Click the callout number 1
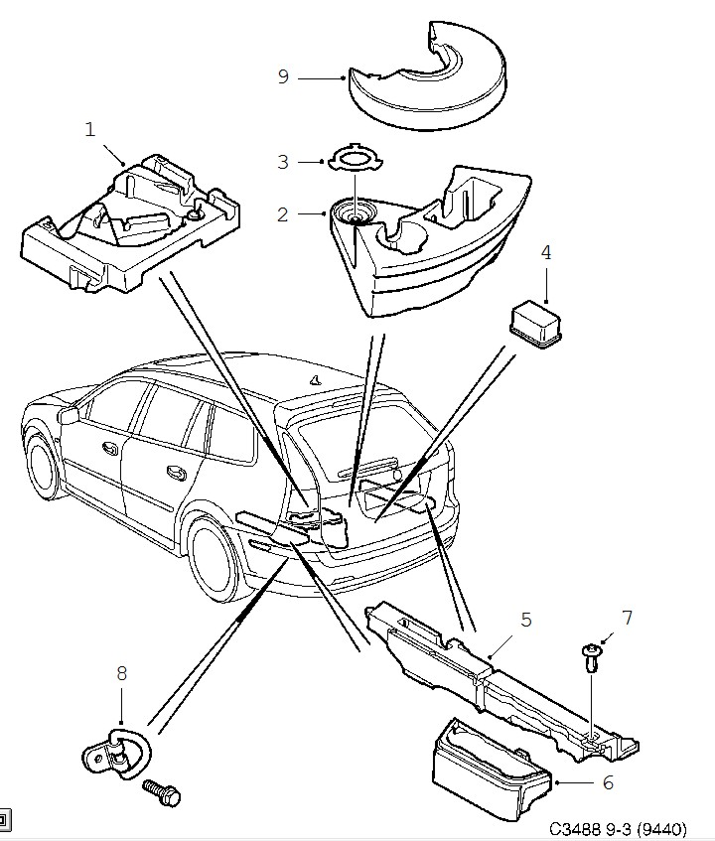tap(89, 129)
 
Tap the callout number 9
tap(283, 76)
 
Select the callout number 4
tap(545, 252)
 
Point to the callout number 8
tap(122, 673)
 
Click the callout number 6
tap(607, 782)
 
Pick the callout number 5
tap(526, 620)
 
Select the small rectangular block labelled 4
tap(535, 325)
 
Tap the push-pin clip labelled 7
tap(592, 658)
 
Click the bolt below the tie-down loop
tap(162, 792)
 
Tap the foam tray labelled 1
tap(131, 223)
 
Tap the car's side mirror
tap(69, 415)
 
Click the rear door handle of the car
tap(177, 472)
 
